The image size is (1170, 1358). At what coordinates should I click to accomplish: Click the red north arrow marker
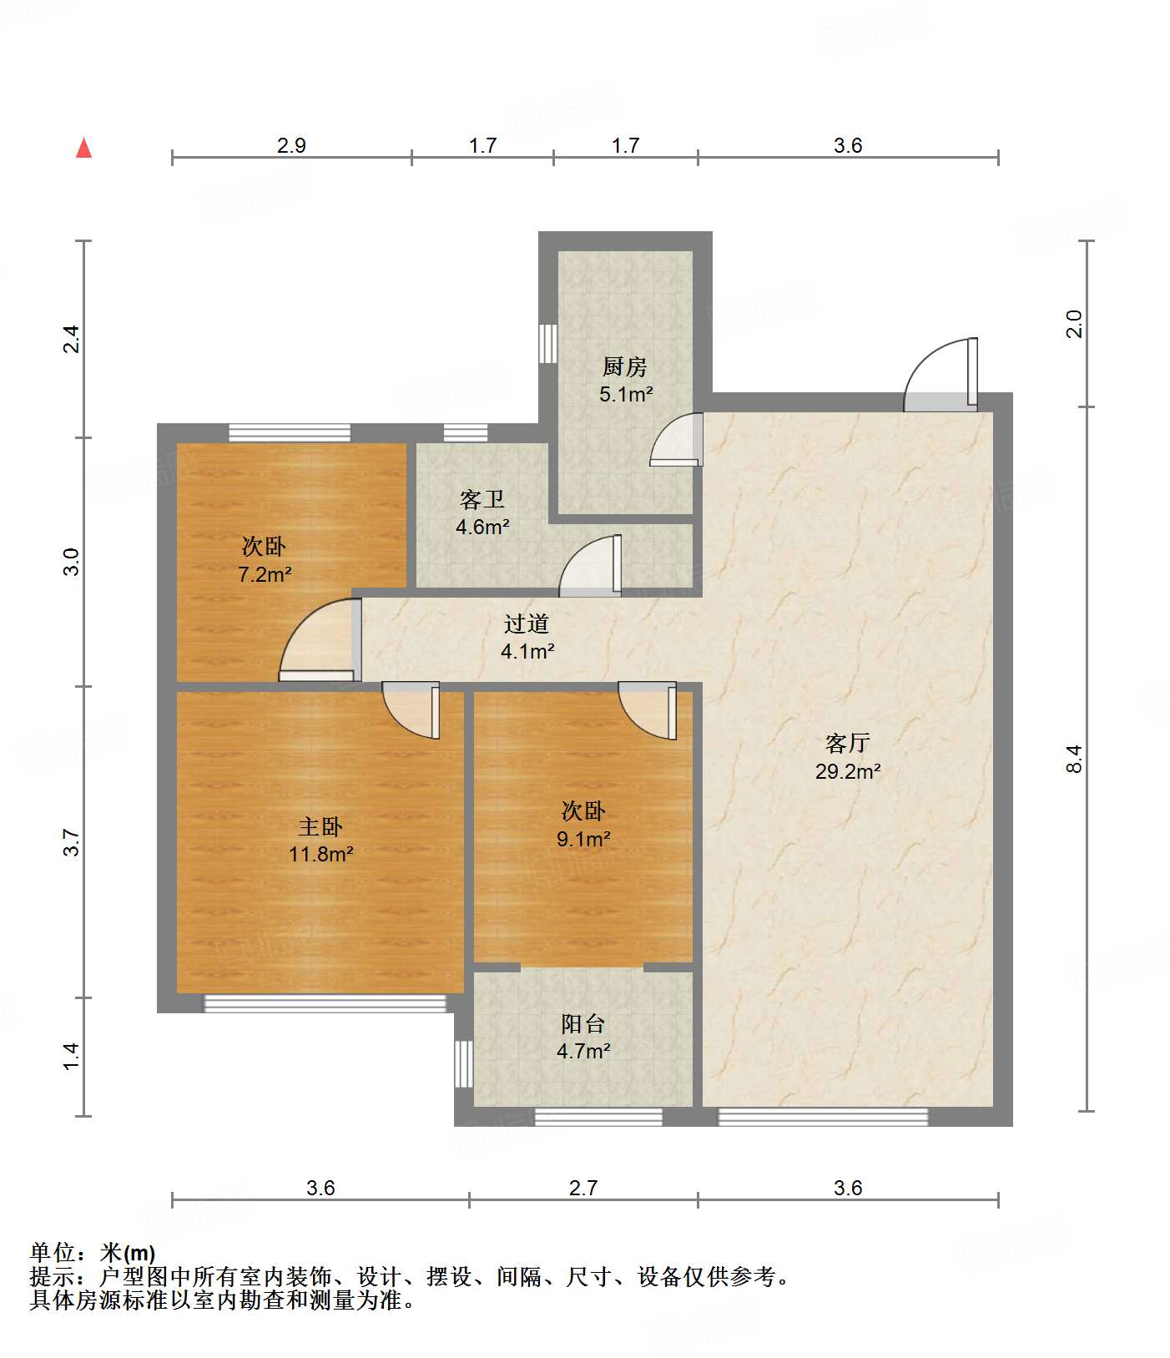(x=83, y=148)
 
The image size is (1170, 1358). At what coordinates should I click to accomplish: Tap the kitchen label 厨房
(x=625, y=366)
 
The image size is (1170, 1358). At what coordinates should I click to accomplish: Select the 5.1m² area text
(x=625, y=394)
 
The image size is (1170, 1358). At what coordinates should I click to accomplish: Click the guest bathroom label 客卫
(x=482, y=499)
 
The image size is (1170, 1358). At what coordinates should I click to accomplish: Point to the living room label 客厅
(x=848, y=743)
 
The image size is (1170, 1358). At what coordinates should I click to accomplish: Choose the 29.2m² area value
(x=848, y=771)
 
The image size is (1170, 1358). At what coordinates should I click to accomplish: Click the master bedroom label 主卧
(x=320, y=826)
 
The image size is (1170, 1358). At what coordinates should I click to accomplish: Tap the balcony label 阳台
(x=582, y=1023)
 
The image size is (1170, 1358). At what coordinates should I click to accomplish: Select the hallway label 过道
(x=527, y=623)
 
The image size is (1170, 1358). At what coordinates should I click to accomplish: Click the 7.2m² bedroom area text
(x=265, y=574)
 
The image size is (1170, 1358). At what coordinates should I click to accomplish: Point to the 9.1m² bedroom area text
(x=583, y=839)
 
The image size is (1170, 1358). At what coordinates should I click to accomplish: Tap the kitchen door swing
(x=676, y=439)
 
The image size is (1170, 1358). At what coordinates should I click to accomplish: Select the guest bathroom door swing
(x=591, y=566)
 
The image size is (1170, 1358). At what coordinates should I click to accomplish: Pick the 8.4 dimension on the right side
(x=1074, y=759)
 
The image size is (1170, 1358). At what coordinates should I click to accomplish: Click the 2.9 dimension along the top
(x=291, y=145)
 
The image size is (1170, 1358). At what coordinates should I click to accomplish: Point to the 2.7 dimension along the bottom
(x=583, y=1188)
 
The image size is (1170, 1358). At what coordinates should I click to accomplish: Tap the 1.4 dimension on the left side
(x=73, y=1056)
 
